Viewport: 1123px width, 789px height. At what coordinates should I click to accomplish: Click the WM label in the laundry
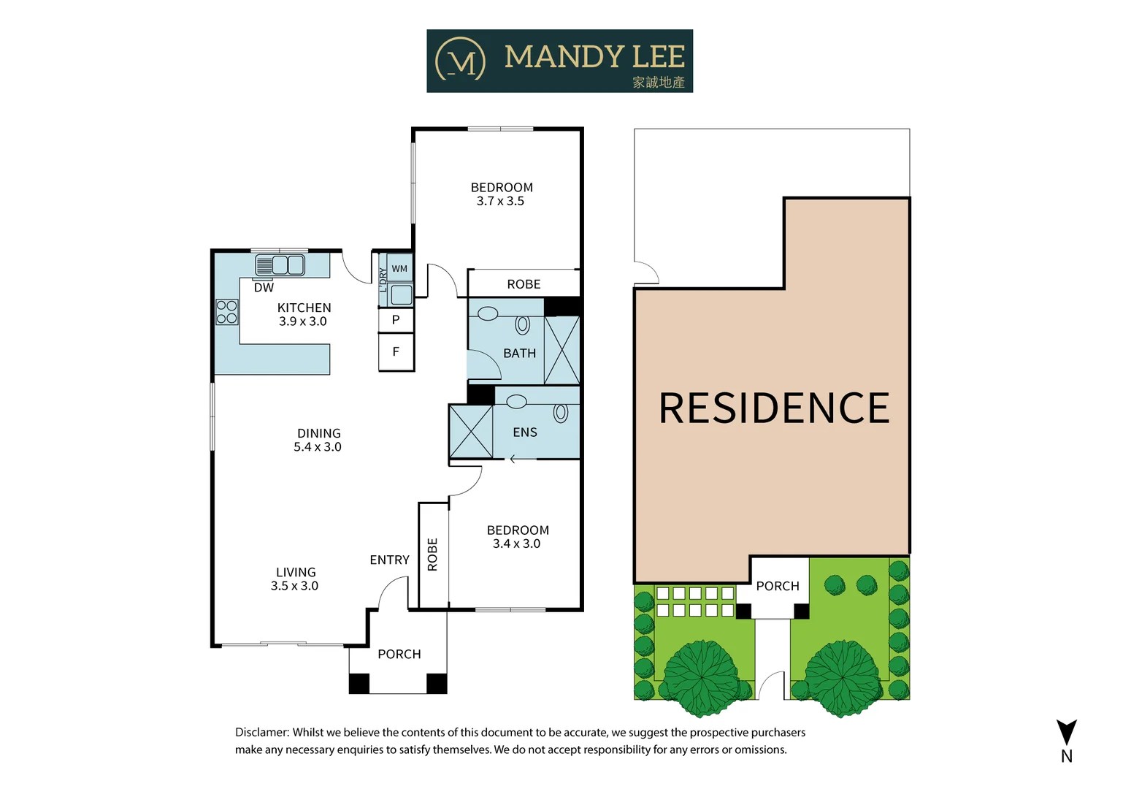399,269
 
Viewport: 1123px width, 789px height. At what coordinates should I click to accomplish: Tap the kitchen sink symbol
280,264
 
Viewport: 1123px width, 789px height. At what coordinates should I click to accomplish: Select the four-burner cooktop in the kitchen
227,312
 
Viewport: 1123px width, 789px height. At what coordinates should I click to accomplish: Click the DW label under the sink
264,288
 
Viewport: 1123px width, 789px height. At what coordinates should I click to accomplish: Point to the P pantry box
396,320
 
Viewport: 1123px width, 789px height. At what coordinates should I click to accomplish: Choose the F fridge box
396,352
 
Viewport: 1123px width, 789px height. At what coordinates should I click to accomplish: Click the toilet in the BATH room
523,324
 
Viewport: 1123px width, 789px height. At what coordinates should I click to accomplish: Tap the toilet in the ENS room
561,413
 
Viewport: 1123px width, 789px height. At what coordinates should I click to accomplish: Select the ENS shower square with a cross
471,432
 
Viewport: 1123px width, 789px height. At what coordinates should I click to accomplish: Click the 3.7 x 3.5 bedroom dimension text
501,201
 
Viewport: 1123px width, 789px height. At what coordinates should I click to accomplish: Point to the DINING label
319,433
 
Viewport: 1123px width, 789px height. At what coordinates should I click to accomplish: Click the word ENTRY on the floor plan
389,560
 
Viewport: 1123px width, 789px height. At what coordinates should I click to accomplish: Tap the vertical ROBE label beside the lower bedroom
432,554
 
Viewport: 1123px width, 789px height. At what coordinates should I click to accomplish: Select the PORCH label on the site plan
778,586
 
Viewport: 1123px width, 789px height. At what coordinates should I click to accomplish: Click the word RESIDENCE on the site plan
774,408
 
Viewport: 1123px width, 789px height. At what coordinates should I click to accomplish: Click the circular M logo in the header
461,60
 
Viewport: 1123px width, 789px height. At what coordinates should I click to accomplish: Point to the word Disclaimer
262,732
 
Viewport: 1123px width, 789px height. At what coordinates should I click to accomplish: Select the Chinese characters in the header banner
659,82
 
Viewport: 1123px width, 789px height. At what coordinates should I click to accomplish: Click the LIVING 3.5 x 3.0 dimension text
295,586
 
